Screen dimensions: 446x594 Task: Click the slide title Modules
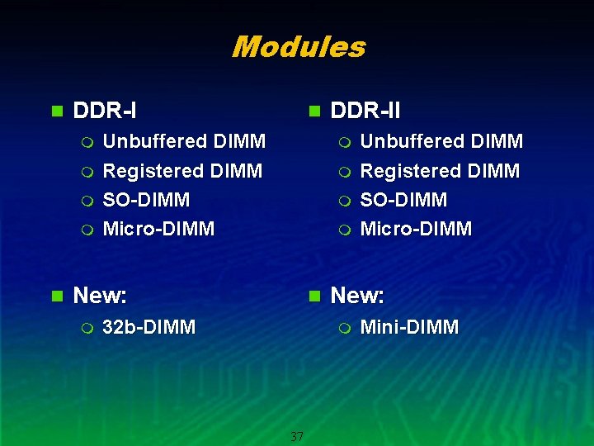[x=298, y=47]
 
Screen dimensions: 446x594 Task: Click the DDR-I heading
[x=105, y=110]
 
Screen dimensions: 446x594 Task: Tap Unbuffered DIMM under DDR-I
[x=183, y=141]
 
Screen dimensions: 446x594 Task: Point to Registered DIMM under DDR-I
[x=181, y=171]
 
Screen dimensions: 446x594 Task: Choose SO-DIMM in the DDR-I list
[x=146, y=200]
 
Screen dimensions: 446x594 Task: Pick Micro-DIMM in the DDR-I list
[x=158, y=229]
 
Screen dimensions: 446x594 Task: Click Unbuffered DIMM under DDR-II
[x=441, y=141]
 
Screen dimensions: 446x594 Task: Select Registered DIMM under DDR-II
[x=440, y=171]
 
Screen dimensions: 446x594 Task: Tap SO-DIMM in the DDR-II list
[x=404, y=200]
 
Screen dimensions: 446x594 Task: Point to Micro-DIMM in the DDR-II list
[x=417, y=229]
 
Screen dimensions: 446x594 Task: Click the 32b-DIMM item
[x=148, y=327]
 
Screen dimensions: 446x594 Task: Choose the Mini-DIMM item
[x=409, y=327]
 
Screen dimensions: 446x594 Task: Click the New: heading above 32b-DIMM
[x=100, y=295]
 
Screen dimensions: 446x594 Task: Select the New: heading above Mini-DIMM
[x=357, y=295]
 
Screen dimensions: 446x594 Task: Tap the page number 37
[x=297, y=436]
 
